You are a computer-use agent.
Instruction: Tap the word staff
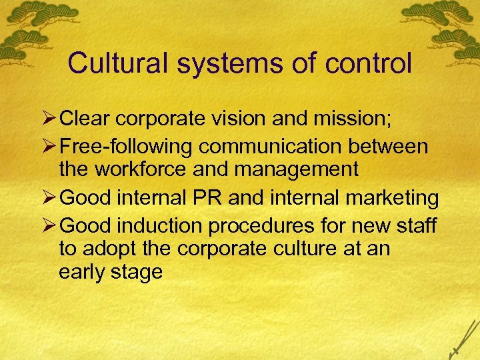(x=416, y=226)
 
